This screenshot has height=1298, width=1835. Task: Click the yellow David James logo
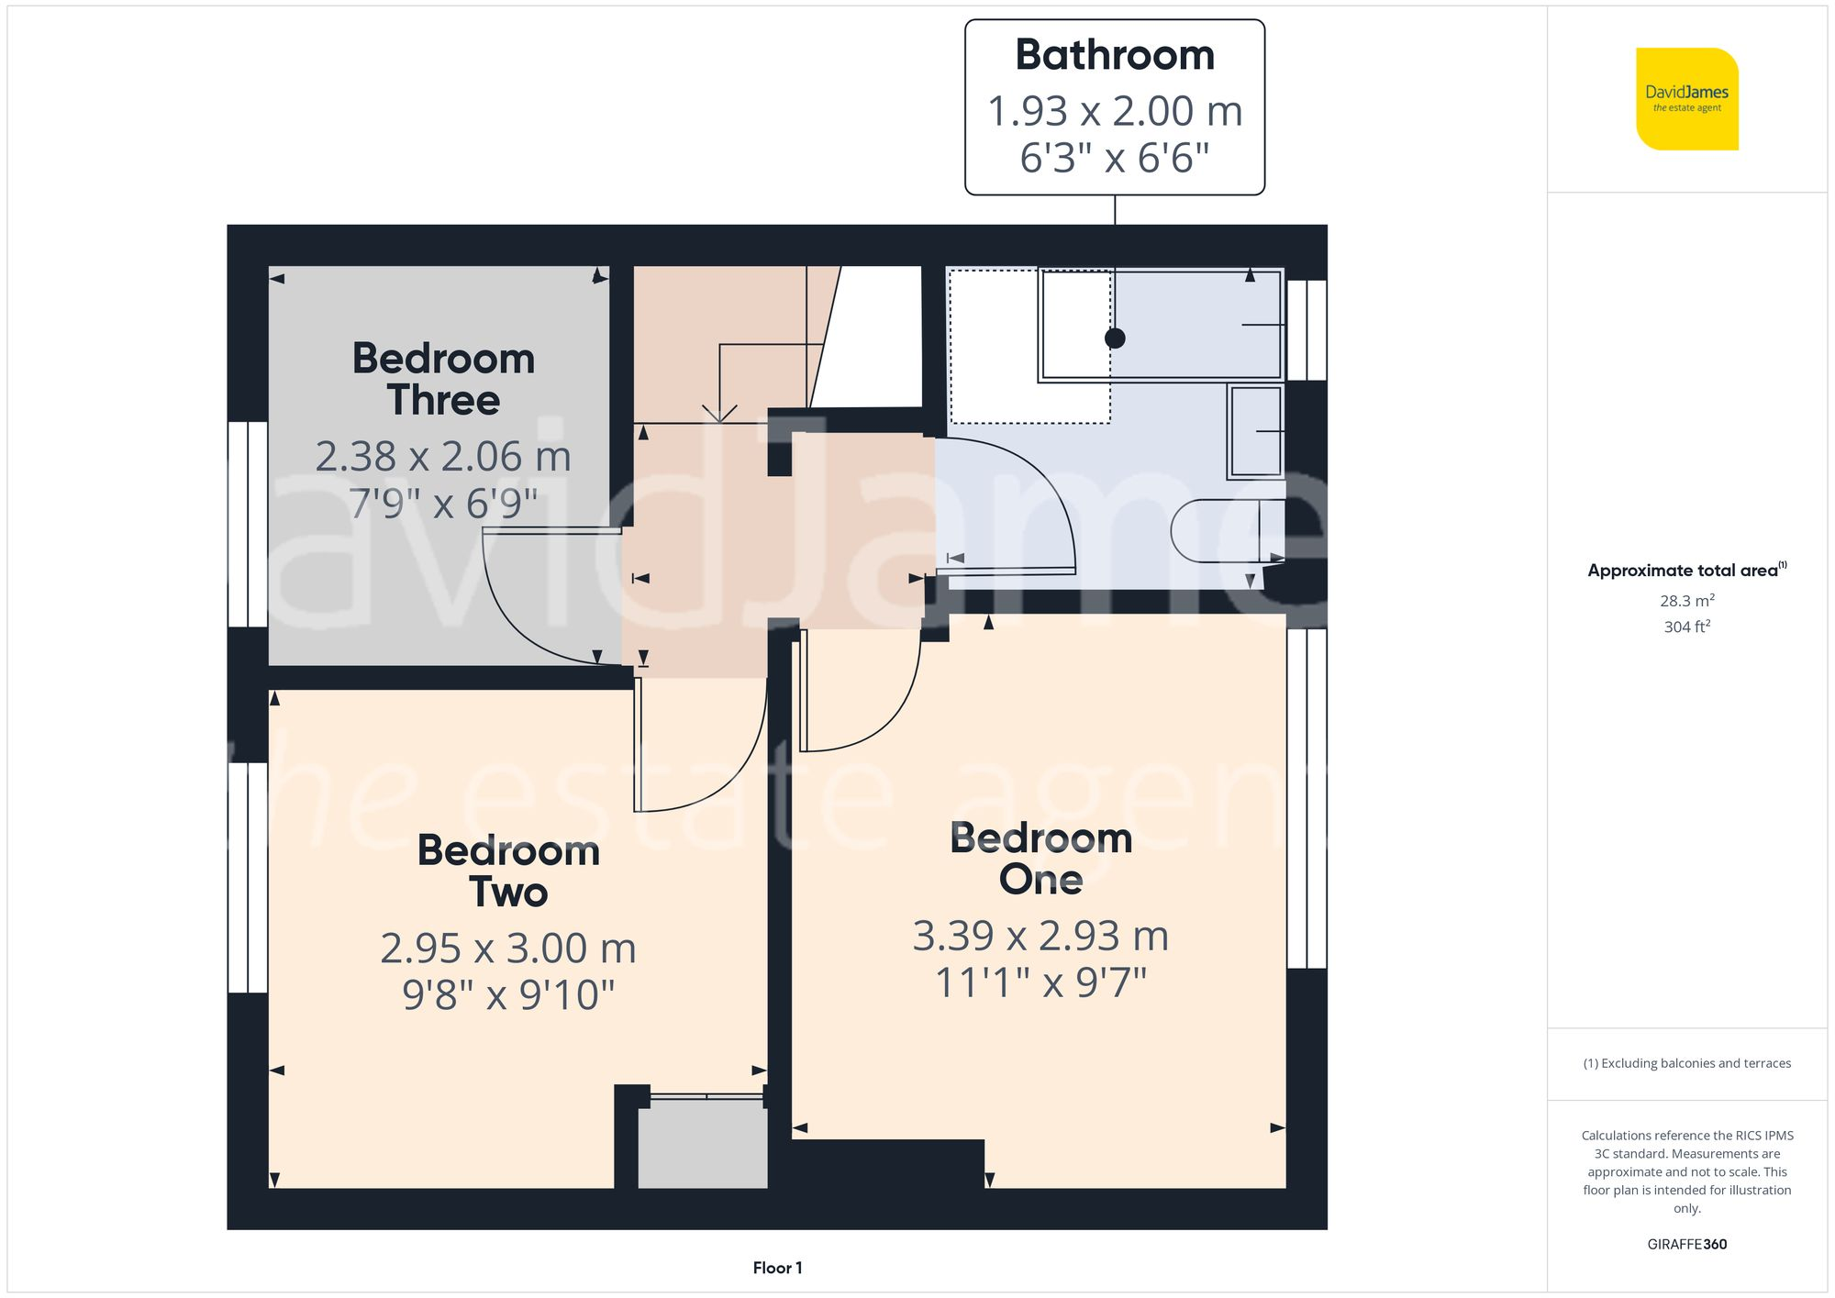1686,99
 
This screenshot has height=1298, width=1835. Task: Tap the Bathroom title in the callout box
1114,55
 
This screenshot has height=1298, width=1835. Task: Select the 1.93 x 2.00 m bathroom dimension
1114,111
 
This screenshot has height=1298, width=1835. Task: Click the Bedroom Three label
443,379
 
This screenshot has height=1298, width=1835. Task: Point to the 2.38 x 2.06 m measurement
443,456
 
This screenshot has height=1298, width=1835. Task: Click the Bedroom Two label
508,871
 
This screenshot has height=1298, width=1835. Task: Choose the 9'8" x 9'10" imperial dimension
508,995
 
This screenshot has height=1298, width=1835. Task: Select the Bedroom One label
1040,859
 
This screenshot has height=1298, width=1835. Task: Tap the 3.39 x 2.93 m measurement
1040,936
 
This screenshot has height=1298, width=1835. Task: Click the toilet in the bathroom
1225,531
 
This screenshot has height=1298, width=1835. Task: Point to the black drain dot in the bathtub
1115,338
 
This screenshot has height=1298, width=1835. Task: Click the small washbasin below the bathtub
1255,431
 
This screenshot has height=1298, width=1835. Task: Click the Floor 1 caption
777,1268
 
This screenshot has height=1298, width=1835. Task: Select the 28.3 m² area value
1686,601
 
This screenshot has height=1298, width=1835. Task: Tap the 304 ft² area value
1686,627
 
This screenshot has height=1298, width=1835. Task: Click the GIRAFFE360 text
1686,1245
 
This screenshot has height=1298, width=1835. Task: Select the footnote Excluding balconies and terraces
1686,1063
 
